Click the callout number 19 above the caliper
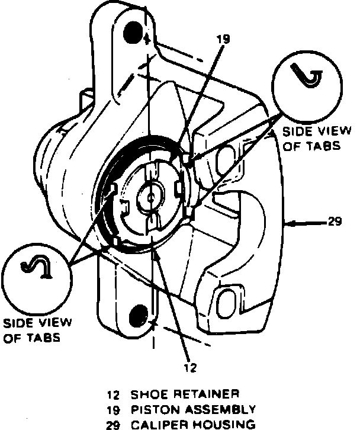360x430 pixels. (x=223, y=40)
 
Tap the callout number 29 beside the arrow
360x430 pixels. (x=334, y=223)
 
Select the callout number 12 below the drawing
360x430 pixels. (x=189, y=367)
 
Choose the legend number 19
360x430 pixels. (x=112, y=409)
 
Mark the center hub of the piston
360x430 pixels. (x=152, y=195)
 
